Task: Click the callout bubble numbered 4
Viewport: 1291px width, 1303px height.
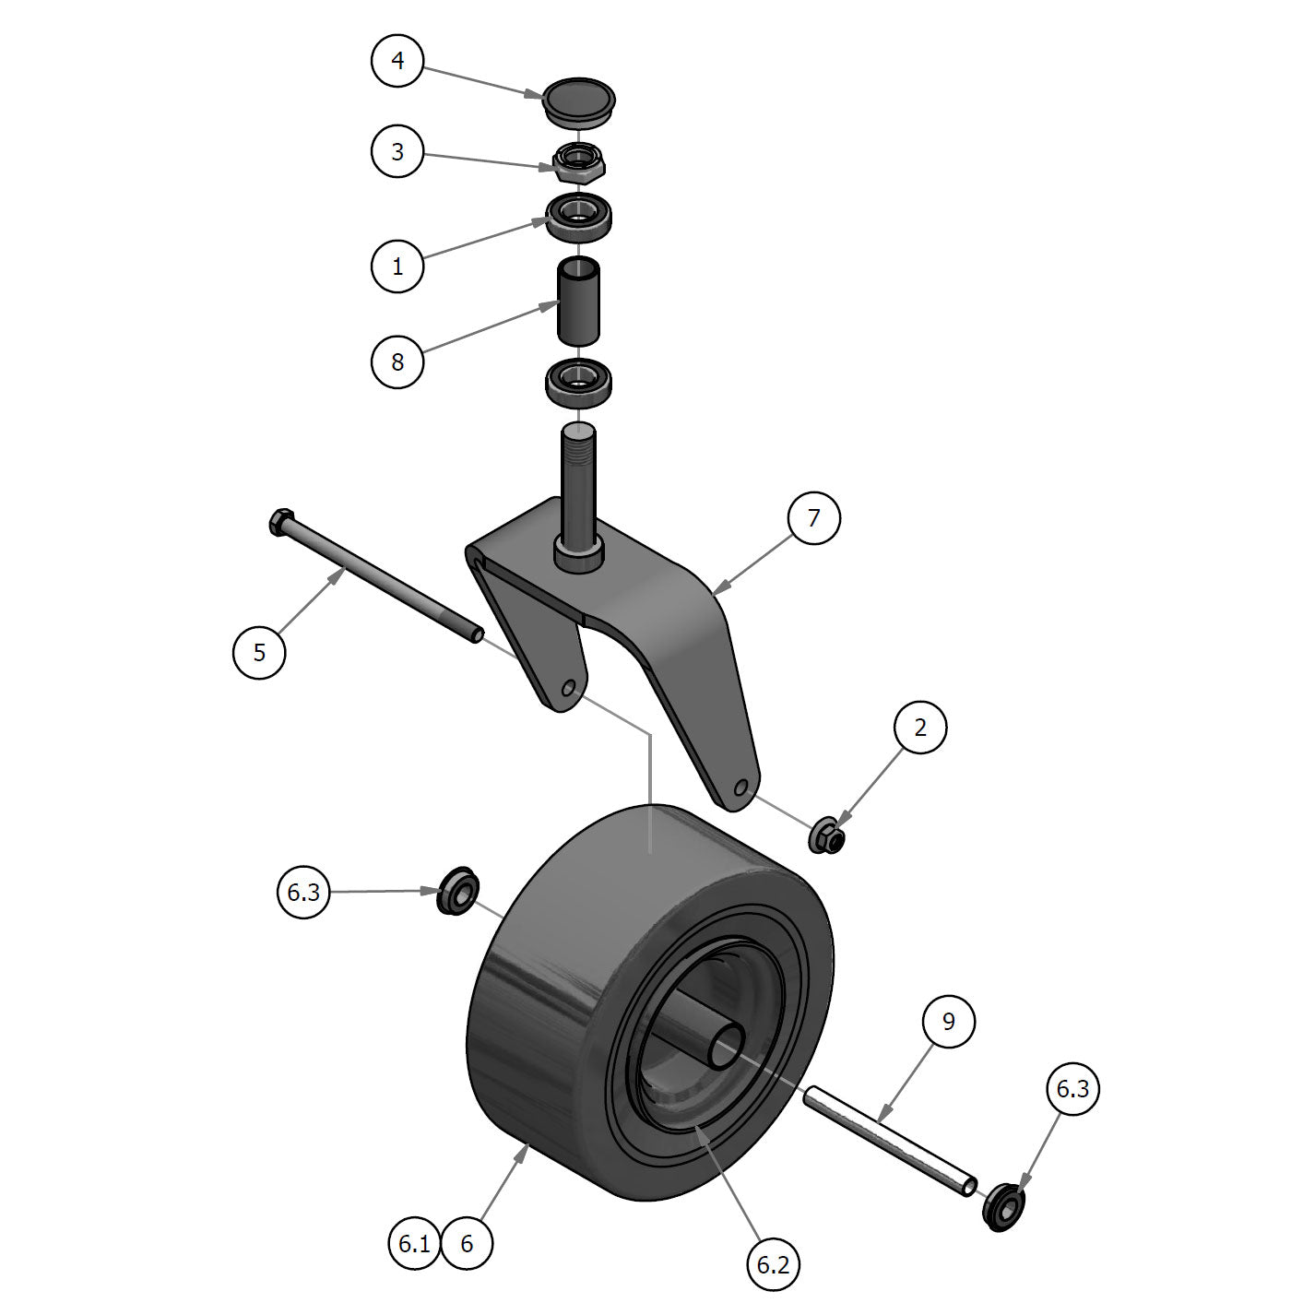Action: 397,61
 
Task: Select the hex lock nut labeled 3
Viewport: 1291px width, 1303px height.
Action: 578,161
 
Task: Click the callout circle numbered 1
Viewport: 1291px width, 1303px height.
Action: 397,267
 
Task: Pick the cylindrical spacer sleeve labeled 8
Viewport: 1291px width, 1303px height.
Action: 577,302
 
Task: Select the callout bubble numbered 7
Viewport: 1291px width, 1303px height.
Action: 813,518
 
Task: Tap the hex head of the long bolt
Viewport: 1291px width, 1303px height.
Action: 280,524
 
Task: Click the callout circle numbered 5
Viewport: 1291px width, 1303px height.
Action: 259,653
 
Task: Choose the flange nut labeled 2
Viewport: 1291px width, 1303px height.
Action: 827,836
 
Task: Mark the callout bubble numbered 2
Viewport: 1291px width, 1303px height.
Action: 919,728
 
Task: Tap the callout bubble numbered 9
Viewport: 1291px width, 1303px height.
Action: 949,1021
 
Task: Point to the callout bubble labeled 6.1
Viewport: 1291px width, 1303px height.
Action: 414,1244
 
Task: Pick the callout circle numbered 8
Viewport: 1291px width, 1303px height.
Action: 397,361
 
